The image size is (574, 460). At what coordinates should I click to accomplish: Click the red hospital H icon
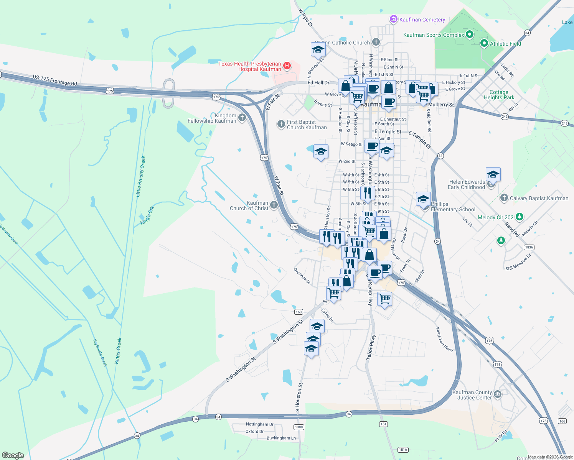287,66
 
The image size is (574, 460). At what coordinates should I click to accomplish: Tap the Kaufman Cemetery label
422,20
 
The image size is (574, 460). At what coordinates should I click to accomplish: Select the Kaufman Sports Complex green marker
469,34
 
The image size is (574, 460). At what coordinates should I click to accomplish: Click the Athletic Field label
505,44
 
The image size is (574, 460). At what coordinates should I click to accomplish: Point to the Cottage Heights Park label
499,95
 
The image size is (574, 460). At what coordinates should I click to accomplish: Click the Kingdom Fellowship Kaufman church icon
242,118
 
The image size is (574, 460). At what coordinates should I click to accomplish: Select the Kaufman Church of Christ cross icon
274,205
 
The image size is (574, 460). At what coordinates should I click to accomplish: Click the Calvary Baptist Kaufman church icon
504,198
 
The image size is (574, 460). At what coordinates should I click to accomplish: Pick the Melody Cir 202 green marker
519,217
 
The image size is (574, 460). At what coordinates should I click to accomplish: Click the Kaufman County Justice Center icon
497,394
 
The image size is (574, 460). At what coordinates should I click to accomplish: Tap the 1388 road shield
299,427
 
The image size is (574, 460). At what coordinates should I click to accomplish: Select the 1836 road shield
528,247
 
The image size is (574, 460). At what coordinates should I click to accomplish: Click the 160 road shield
299,312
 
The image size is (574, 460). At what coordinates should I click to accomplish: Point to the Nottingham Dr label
260,424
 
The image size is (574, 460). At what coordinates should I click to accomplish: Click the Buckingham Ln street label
281,438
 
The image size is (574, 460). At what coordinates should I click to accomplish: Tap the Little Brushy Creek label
140,176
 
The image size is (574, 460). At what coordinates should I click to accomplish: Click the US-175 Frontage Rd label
54,80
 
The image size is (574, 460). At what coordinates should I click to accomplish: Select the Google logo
13,455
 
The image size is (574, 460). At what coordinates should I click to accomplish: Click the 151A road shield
402,450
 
